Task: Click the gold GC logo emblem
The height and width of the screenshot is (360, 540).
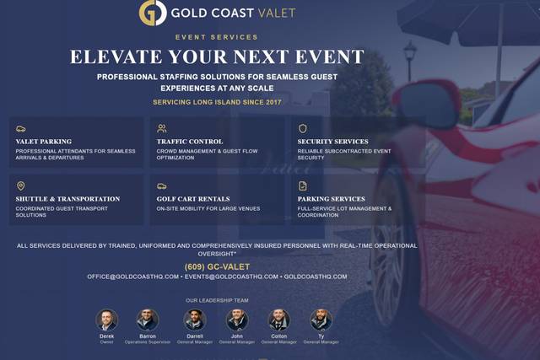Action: [153, 13]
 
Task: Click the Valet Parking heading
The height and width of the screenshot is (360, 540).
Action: [43, 142]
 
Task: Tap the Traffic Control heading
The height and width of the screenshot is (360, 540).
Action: [190, 142]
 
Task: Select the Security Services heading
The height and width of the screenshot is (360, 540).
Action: [333, 142]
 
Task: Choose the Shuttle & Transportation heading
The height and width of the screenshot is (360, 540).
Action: [67, 199]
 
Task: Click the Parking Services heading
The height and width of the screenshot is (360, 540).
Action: [332, 199]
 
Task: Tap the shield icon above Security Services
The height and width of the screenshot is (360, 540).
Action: [303, 129]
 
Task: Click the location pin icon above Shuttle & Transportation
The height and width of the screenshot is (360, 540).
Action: [20, 186]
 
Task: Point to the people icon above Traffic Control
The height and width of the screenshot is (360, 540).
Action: [162, 129]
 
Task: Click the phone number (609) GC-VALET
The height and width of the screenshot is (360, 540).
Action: [217, 266]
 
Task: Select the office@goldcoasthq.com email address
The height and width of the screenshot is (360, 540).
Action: [132, 277]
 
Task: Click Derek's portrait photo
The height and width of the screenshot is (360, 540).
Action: [107, 320]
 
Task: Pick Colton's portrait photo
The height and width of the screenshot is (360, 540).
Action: [278, 320]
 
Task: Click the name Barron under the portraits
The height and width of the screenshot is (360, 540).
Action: [147, 336]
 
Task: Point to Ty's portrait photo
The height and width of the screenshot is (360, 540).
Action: [321, 320]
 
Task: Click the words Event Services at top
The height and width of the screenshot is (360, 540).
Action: [217, 37]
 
